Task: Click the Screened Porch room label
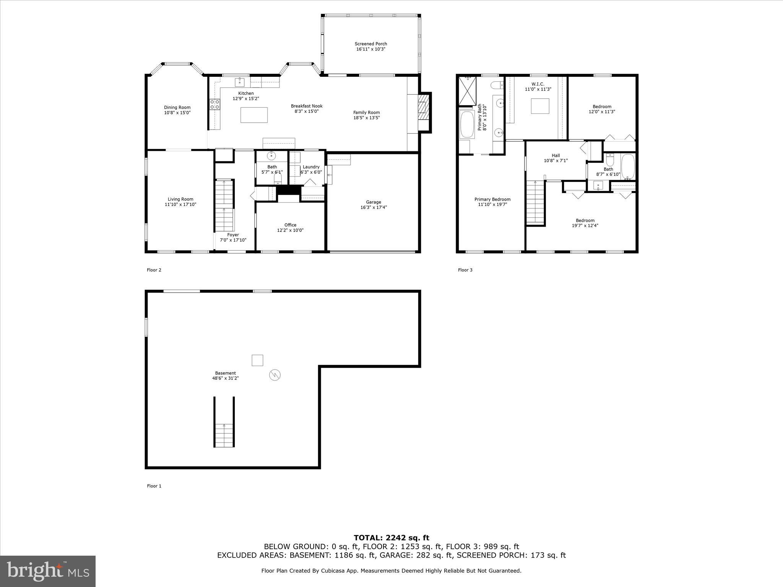(370, 44)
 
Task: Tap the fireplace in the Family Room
(422, 112)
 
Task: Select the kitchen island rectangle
(254, 115)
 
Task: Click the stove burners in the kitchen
(214, 104)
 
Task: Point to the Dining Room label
(177, 107)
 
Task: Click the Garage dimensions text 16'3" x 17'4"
(374, 208)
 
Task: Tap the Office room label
(290, 225)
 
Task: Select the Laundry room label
(311, 167)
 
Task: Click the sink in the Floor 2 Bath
(271, 156)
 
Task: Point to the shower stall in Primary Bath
(467, 91)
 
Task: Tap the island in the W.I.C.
(540, 106)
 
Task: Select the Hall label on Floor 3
(556, 156)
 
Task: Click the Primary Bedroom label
(492, 199)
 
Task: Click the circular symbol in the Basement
(275, 375)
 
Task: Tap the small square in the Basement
(257, 360)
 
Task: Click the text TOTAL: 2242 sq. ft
(391, 538)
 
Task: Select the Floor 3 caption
(465, 270)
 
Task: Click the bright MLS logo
(48, 571)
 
